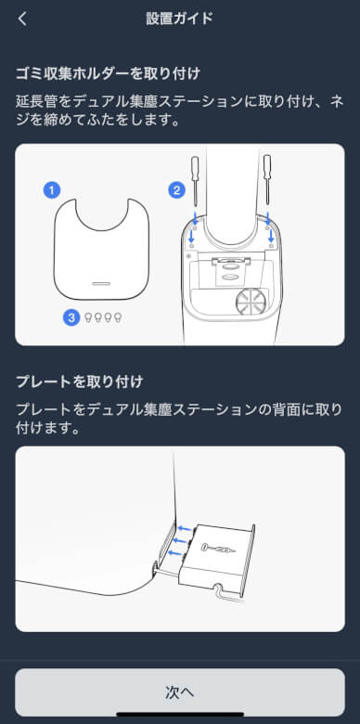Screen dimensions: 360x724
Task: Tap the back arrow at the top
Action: [22, 19]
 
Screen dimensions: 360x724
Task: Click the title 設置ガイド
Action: [180, 19]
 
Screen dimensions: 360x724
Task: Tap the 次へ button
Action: [180, 692]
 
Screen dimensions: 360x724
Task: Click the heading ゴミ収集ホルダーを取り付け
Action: [109, 74]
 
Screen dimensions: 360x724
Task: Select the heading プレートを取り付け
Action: [80, 382]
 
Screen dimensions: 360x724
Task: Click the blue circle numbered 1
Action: [52, 189]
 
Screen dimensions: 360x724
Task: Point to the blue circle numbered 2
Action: [177, 189]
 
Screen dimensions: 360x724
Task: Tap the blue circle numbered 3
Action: [71, 317]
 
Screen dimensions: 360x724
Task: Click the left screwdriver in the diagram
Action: [195, 180]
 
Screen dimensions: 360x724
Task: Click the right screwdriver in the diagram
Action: [267, 180]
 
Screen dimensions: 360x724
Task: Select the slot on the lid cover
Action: [101, 283]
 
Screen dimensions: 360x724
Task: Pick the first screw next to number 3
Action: [88, 317]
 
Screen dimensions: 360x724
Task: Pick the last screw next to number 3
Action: [118, 317]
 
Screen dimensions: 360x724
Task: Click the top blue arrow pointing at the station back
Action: [185, 528]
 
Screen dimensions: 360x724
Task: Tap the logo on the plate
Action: [218, 549]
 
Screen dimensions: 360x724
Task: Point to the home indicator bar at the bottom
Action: [180, 715]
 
